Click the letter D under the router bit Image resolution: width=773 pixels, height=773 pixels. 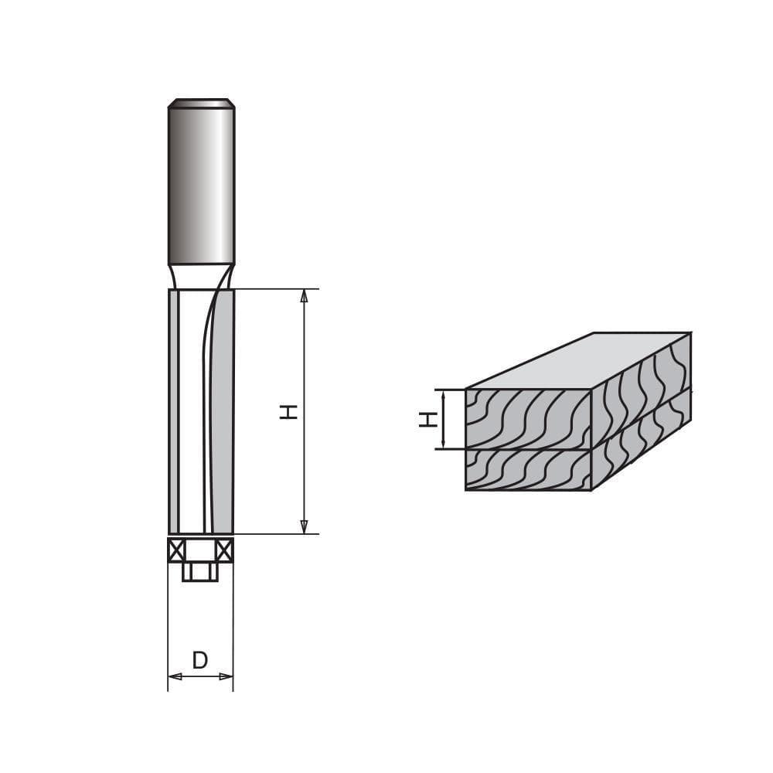click(x=200, y=660)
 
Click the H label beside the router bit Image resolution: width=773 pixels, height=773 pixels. click(x=288, y=412)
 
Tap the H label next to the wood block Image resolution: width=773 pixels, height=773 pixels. click(x=428, y=420)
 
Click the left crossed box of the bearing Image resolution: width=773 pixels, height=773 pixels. click(x=176, y=550)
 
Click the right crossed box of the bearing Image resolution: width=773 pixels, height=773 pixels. click(x=225, y=550)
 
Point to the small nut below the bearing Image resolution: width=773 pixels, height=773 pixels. click(x=200, y=572)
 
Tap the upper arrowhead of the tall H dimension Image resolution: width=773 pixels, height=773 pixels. click(x=304, y=296)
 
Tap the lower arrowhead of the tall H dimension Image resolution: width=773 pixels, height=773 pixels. click(x=304, y=527)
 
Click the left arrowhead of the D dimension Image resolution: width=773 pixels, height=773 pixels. click(x=175, y=676)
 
